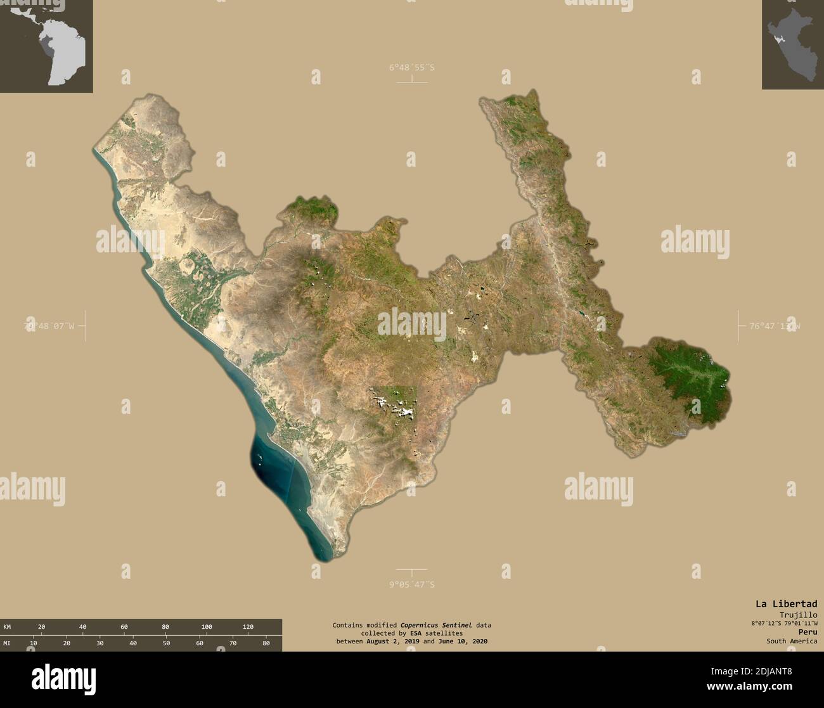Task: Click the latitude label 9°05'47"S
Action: (x=411, y=584)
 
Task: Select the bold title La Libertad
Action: (x=785, y=603)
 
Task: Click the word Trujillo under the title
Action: (x=798, y=614)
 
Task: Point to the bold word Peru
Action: (x=808, y=632)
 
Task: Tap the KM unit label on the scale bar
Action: (x=7, y=627)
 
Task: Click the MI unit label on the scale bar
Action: (x=7, y=643)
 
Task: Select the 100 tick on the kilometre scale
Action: (x=207, y=627)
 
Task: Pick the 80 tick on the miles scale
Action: (x=266, y=643)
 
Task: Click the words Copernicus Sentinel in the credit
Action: (x=436, y=625)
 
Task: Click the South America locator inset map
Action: (x=46, y=46)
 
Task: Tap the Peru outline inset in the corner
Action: (x=792, y=44)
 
